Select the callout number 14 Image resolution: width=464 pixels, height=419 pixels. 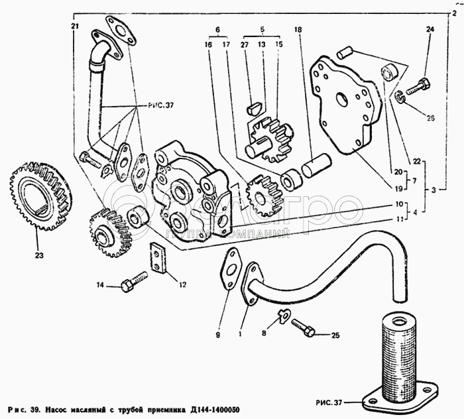pyautogui.click(x=99, y=286)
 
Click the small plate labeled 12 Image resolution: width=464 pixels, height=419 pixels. pyautogui.click(x=157, y=259)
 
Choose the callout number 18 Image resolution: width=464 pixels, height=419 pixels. pyautogui.click(x=298, y=30)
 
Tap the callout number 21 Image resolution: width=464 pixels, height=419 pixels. pyautogui.click(x=75, y=26)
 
